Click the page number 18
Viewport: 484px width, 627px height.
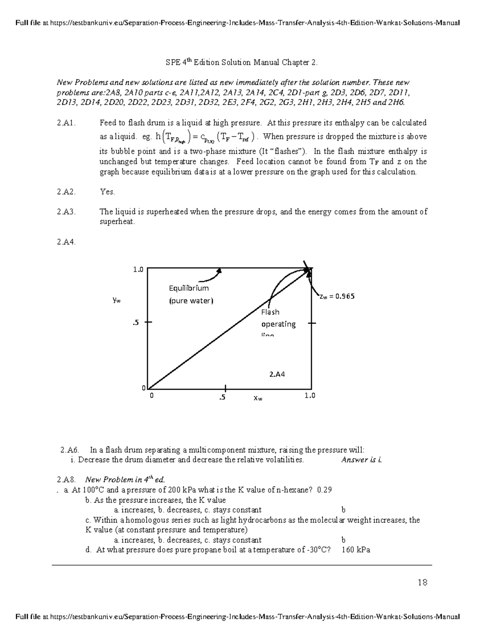pos(422,582)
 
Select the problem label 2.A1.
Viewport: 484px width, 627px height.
pos(67,123)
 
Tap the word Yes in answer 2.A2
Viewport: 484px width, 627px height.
pos(107,192)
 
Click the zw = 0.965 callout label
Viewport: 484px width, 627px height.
pos(337,296)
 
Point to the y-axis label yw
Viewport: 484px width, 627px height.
pos(117,300)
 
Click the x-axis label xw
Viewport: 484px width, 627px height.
pos(258,398)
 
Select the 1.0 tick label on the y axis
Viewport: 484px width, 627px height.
pos(138,270)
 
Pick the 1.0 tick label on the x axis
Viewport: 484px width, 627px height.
pos(310,396)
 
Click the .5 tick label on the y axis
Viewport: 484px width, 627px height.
pos(136,323)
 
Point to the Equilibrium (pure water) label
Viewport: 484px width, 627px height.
pos(191,294)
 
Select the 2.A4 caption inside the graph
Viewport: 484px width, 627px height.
pos(277,374)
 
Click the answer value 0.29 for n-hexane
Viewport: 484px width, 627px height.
pos(325,490)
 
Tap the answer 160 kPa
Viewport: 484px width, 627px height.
pos(356,549)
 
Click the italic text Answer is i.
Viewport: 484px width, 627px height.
pos(361,459)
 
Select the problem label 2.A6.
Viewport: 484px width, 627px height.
pos(70,450)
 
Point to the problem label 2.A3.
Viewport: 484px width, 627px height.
pos(67,212)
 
